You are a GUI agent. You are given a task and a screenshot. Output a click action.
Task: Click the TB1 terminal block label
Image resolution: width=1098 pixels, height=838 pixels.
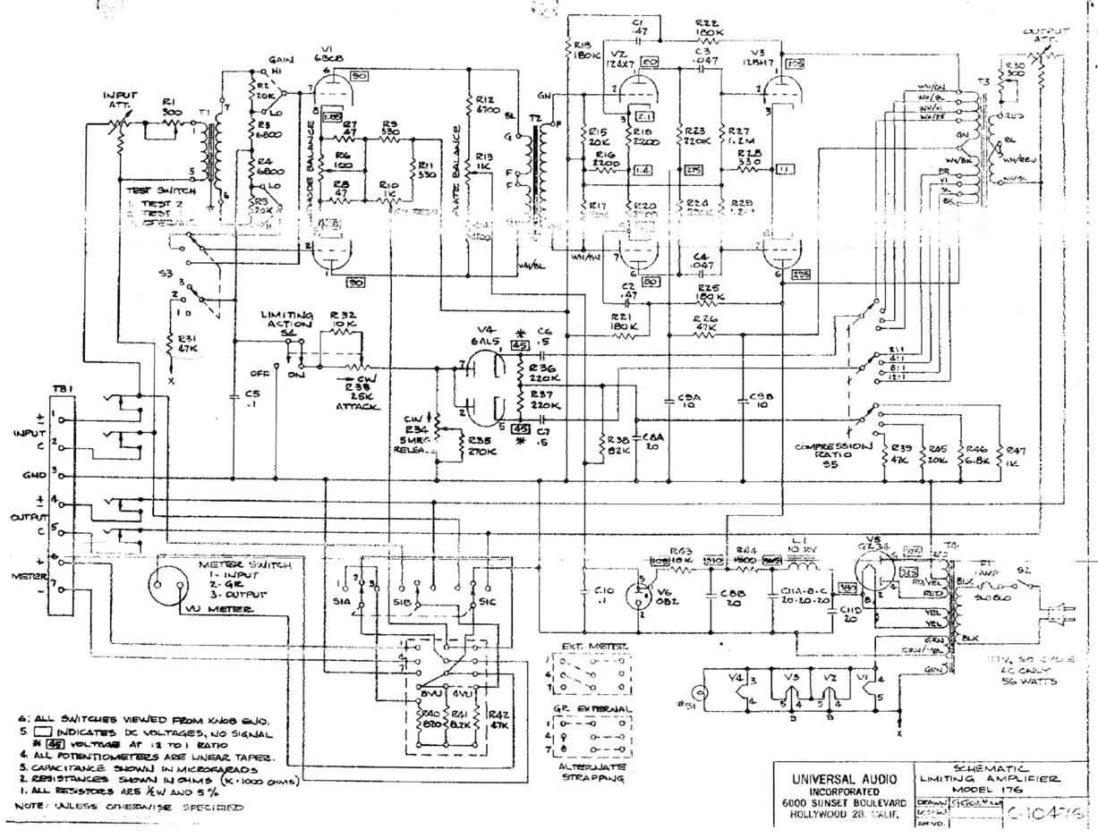tap(62, 389)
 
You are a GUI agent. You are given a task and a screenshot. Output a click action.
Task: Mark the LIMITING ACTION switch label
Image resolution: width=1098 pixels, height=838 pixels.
tap(287, 321)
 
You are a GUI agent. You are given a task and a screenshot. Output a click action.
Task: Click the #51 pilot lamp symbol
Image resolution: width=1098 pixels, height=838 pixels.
tap(705, 691)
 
